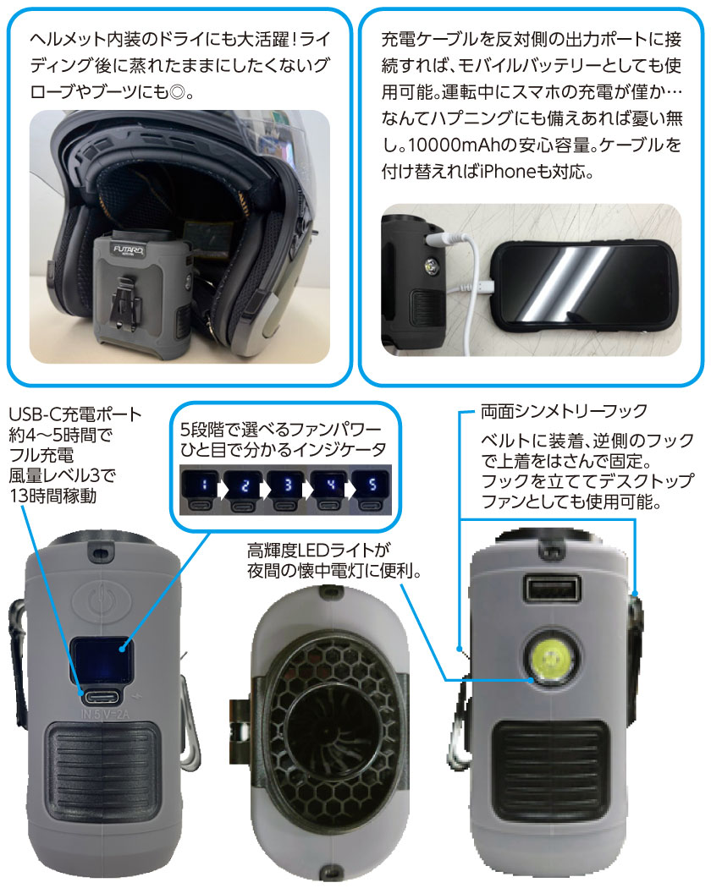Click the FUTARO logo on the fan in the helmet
129,249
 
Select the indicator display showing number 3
288,485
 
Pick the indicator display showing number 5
372,485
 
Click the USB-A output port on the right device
552,589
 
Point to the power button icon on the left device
101,596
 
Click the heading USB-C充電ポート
74,414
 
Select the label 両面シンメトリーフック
565,411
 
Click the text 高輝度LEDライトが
319,550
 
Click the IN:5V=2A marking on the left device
105,714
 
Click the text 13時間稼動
53,496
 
